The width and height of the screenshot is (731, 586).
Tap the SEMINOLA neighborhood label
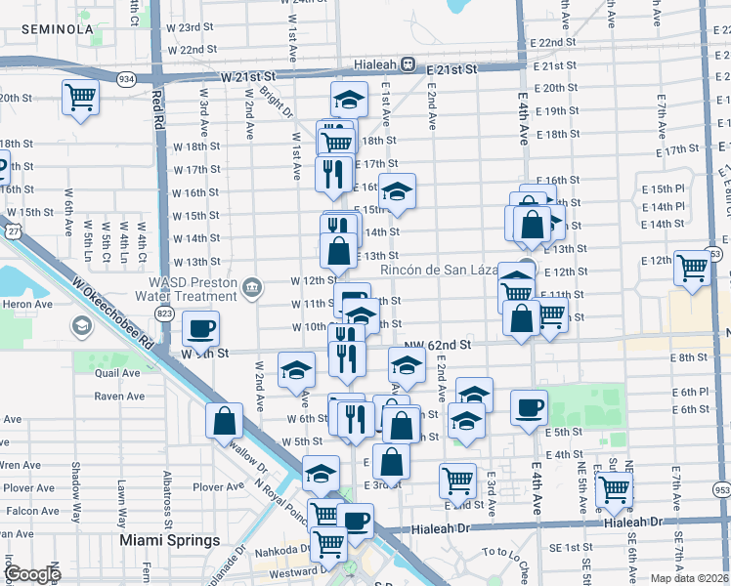pos(62,30)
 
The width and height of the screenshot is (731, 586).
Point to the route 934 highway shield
pos(127,79)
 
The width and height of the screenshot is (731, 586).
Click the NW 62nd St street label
pos(437,345)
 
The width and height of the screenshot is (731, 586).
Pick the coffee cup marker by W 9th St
pos(200,328)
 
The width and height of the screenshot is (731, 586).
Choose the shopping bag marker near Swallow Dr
pos(224,421)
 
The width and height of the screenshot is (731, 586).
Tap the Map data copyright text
pos(689,578)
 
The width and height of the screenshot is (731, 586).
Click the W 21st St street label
pos(249,75)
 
